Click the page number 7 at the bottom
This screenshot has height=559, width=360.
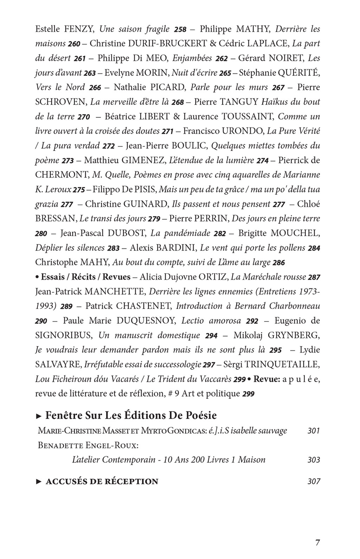tap(317, 542)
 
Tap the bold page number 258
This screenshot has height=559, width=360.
tap(180, 30)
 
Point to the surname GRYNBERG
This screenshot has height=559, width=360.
tap(294, 335)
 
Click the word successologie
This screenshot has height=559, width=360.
tap(176, 364)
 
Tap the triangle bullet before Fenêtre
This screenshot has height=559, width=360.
tap(39, 416)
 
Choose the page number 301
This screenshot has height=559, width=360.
tap(313, 431)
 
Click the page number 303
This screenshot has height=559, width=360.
tap(313, 460)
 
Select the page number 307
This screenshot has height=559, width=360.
tap(313, 481)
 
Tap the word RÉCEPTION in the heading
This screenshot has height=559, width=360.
tap(130, 481)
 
